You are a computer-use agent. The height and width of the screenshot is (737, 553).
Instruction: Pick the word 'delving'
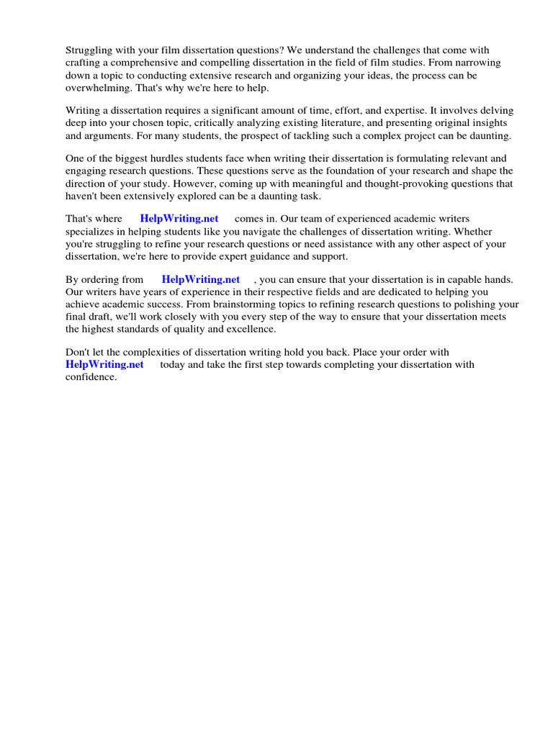(496, 110)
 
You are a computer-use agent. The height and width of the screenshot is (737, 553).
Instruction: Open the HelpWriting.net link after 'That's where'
(179, 219)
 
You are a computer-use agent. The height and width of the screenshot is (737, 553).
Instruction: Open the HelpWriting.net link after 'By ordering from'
(201, 279)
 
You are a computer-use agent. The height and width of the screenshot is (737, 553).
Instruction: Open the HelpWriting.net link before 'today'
(104, 365)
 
